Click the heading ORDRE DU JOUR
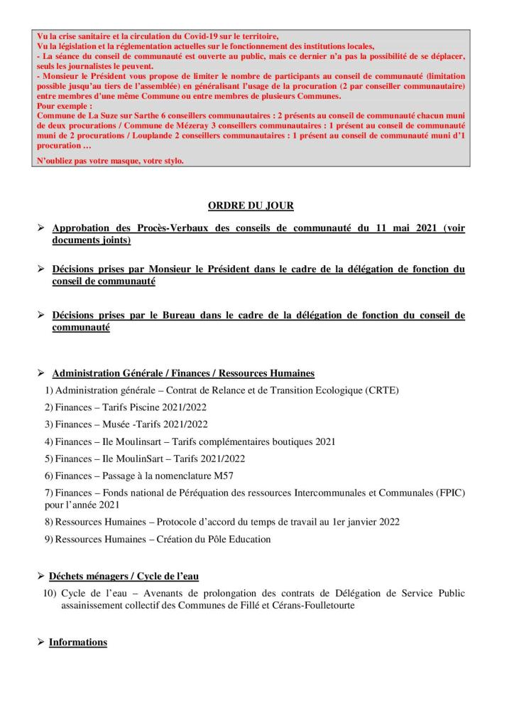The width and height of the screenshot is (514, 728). pos(251,205)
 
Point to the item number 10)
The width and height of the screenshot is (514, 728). pos(50,593)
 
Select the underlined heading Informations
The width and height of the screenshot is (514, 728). pos(78,642)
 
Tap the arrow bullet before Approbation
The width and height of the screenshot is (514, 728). pos(41,229)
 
